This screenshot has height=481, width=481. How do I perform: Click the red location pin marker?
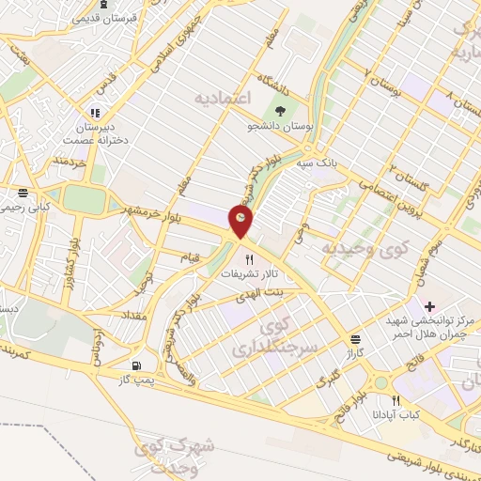click(x=242, y=219)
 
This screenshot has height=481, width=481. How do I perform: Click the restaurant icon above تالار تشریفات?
click(x=249, y=259)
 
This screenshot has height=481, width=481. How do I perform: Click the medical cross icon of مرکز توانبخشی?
click(x=429, y=306)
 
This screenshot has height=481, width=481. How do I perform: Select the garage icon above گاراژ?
click(x=355, y=339)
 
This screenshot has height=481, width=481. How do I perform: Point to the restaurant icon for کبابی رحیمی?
click(x=23, y=194)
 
